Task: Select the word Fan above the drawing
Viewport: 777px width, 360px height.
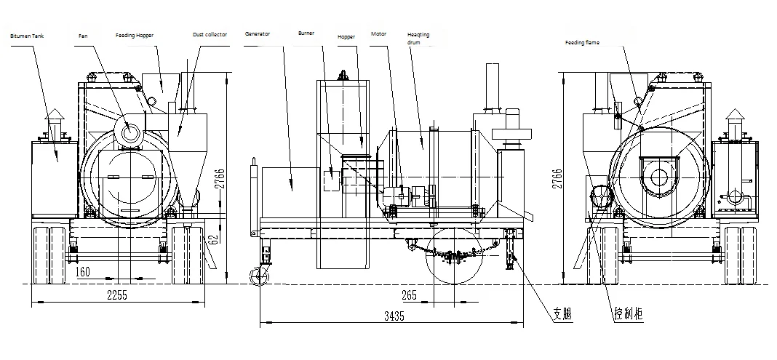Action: click(x=83, y=35)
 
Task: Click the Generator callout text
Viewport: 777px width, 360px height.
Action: click(x=258, y=34)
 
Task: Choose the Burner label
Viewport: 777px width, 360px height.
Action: click(x=306, y=33)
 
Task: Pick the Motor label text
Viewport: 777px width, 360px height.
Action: click(x=378, y=33)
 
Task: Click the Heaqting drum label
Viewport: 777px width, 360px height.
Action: click(x=419, y=38)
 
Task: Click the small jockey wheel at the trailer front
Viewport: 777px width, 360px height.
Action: click(x=257, y=276)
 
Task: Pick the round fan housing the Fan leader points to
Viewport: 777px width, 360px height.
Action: click(x=131, y=132)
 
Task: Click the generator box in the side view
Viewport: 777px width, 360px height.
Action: click(x=290, y=190)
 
